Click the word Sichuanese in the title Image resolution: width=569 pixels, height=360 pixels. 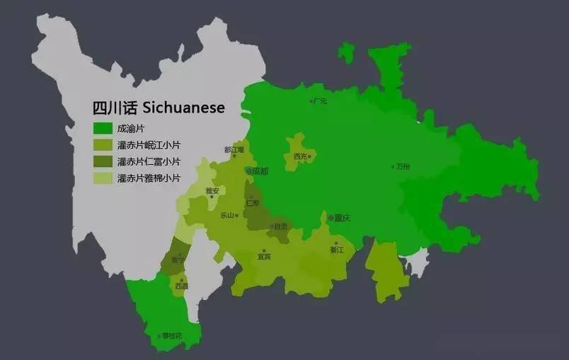pyautogui.click(x=183, y=108)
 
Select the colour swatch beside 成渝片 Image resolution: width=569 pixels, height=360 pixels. pyautogui.click(x=103, y=128)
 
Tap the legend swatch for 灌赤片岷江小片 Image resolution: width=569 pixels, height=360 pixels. pyautogui.click(x=103, y=145)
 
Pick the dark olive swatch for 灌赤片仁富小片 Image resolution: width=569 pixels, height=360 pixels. pyautogui.click(x=103, y=162)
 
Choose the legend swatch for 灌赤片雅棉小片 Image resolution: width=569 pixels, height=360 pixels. pyautogui.click(x=103, y=178)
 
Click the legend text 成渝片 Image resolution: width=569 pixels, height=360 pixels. pyautogui.click(x=132, y=128)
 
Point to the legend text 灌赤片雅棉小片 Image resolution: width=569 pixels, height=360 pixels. pyautogui.click(x=149, y=178)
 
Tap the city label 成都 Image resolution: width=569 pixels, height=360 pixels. pyautogui.click(x=260, y=171)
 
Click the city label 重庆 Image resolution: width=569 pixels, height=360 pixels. pyautogui.click(x=343, y=218)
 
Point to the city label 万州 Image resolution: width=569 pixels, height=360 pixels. pyautogui.click(x=403, y=167)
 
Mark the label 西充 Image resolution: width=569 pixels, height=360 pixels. pyautogui.click(x=300, y=156)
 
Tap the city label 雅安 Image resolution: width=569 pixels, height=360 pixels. pyautogui.click(x=212, y=190)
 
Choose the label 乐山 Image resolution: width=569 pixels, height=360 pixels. pyautogui.click(x=227, y=215)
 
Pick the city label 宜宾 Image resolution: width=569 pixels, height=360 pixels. pyautogui.click(x=263, y=257)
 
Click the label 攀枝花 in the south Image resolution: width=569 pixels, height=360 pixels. pyautogui.click(x=171, y=336)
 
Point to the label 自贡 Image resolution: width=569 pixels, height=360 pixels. pyautogui.click(x=281, y=226)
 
